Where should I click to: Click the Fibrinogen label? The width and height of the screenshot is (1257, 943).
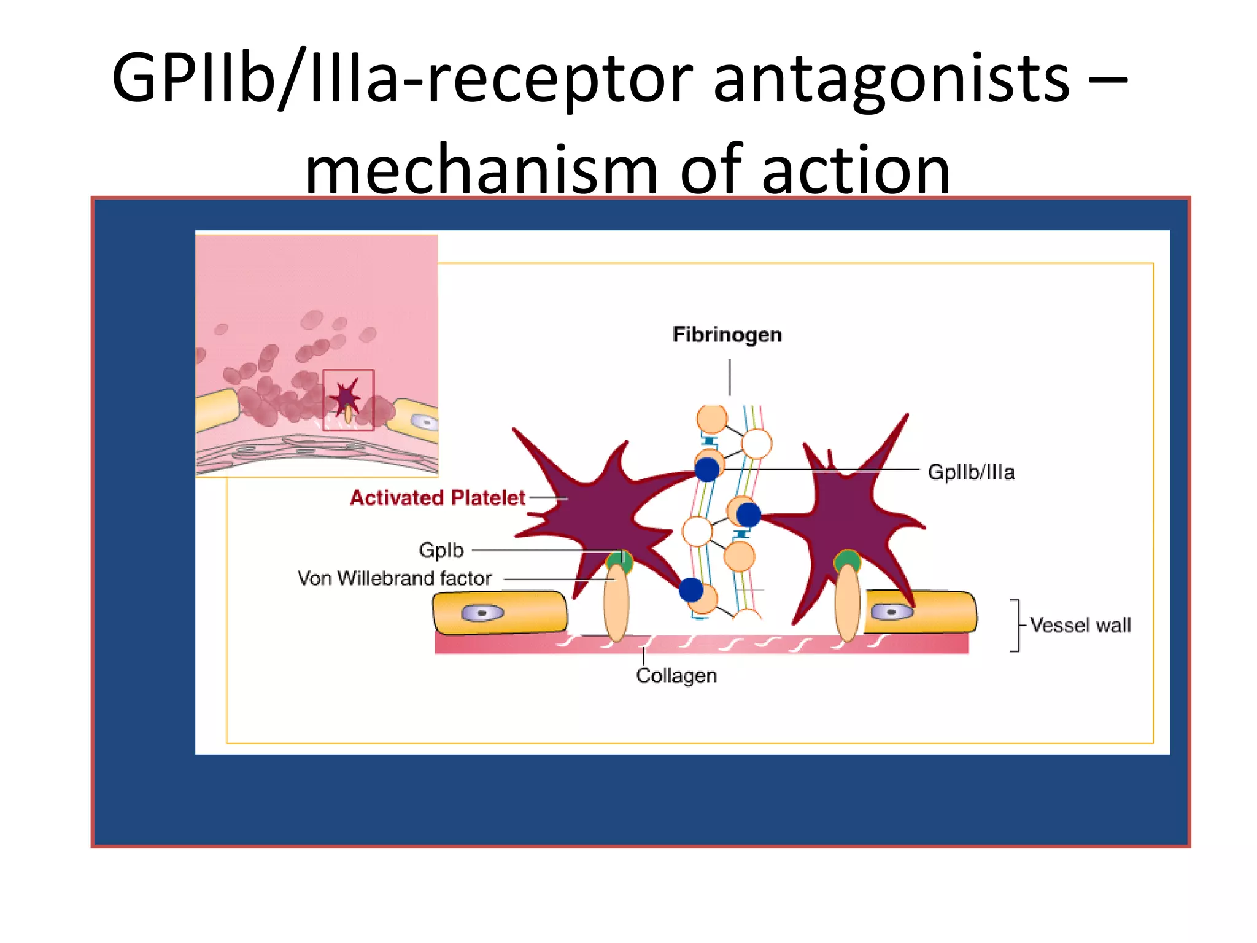727,335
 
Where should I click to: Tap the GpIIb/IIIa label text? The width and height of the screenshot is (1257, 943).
970,472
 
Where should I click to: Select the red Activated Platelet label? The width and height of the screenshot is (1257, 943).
437,497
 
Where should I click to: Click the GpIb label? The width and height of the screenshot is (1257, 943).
441,549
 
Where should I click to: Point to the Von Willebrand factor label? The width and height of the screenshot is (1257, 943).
394,578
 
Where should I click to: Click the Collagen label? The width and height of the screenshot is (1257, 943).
676,675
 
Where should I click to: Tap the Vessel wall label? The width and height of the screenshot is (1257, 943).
1080,625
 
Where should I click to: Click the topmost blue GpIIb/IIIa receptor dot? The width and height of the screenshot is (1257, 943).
707,470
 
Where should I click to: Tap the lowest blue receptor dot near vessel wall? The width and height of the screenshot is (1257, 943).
691,590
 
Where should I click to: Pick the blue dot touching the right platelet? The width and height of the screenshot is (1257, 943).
748,514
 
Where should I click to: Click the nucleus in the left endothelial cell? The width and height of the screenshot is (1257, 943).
482,613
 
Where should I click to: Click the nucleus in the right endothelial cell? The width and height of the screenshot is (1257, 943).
891,612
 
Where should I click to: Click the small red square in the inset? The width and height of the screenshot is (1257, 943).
348,400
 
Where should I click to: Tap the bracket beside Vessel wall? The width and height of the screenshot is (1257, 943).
1015,625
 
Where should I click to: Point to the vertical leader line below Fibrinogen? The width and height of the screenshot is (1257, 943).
729,377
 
